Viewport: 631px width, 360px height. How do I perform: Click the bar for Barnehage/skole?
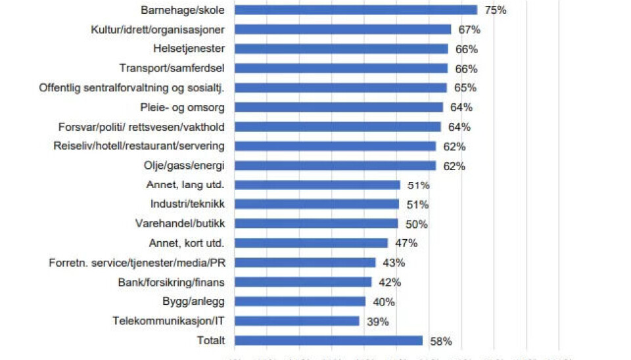tap(356, 10)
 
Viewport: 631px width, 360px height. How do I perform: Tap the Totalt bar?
tap(329, 340)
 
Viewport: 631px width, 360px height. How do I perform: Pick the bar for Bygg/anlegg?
tap(300, 302)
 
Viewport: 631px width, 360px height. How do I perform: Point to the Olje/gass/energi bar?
tap(335, 166)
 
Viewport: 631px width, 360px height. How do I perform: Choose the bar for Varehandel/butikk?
tap(316, 224)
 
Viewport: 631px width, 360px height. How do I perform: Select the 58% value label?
tap(441, 341)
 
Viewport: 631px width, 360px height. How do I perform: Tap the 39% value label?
tap(378, 322)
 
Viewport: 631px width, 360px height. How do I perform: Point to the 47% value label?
tap(406, 243)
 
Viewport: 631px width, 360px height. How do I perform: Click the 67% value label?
tap(469, 30)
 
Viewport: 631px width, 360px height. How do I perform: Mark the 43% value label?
tap(394, 263)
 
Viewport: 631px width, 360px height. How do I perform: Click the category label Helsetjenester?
tap(189, 49)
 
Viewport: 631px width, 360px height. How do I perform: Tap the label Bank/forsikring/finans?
tap(172, 282)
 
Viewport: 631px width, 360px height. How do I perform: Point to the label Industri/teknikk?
tap(188, 204)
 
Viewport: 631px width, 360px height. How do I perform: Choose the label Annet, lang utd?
tap(187, 185)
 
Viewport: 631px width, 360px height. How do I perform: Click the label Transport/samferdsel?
tap(172, 68)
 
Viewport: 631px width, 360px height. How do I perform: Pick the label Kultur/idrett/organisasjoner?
tap(158, 30)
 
